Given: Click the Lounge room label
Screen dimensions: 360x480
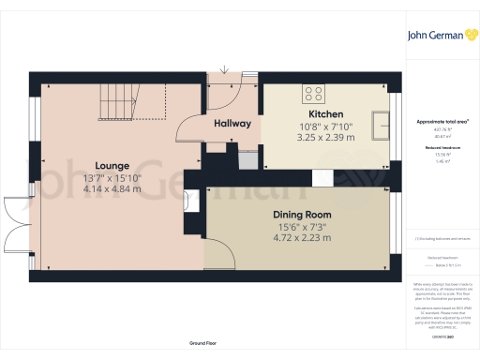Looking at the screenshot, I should click(x=112, y=166).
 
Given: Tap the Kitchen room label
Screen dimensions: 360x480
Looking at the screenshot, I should click(x=326, y=113).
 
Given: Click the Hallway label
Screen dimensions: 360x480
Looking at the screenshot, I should click(x=232, y=124).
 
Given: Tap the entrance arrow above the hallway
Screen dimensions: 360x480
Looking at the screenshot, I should click(x=224, y=70).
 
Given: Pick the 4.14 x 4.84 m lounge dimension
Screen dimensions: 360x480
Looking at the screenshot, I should click(x=112, y=188).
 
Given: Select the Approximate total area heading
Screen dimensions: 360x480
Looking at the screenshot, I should click(x=442, y=122).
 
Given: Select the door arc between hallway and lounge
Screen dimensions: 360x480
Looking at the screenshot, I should click(x=191, y=127).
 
